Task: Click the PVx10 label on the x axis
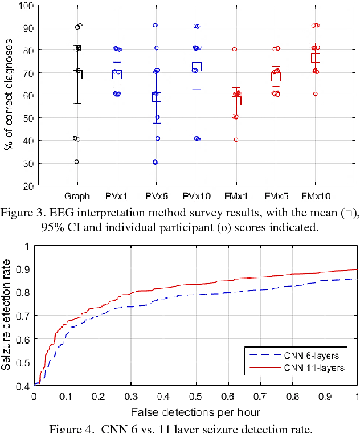(196, 197)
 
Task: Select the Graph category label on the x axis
(77, 197)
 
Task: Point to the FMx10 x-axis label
(315, 197)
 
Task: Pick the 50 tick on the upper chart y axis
(27, 118)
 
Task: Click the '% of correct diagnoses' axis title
(8, 95)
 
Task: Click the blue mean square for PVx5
(156, 97)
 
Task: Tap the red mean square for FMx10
(315, 58)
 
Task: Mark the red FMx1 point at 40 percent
(236, 140)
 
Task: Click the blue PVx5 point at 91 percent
(155, 25)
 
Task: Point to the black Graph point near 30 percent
(76, 161)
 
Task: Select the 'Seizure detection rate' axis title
(7, 314)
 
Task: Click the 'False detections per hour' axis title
(195, 411)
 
